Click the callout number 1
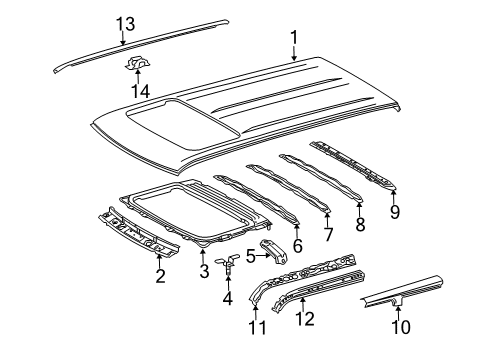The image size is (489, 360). pos(293,38)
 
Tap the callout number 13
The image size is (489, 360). pos(123,23)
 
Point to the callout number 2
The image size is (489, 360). pos(160,275)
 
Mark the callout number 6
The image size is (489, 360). pos(297,244)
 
